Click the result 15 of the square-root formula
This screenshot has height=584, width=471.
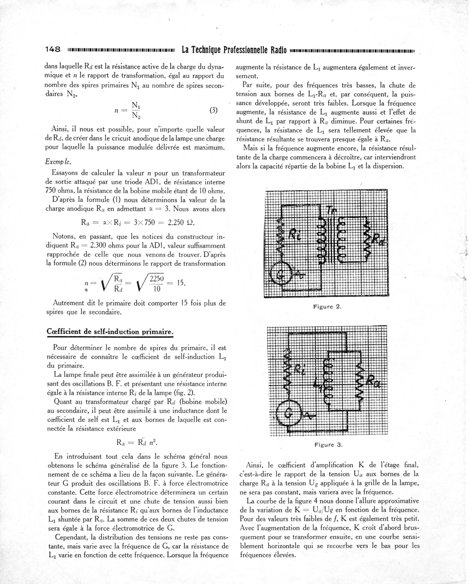(x=181, y=283)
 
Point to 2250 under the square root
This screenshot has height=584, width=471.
(x=157, y=279)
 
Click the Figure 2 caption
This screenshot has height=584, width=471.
(x=327, y=307)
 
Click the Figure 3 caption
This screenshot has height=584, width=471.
(x=328, y=445)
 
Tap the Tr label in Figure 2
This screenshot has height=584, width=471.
(x=331, y=210)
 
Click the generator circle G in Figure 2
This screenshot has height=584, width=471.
(x=279, y=276)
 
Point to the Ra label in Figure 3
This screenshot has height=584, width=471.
(x=374, y=382)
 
